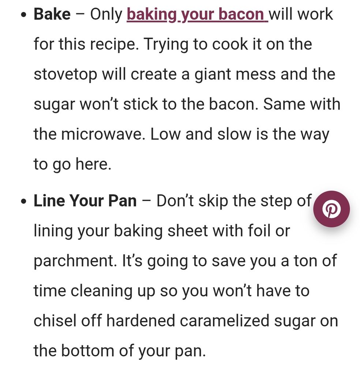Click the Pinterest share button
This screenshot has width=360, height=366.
(331, 209)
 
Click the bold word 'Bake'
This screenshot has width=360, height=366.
(52, 14)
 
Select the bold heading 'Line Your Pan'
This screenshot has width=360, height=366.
(85, 201)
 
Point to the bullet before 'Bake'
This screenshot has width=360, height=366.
(23, 15)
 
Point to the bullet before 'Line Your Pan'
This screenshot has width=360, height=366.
(23, 201)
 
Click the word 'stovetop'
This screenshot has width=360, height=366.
(65, 74)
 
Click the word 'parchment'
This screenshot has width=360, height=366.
(75, 261)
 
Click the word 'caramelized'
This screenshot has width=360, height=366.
(224, 321)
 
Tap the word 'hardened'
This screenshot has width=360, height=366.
(140, 321)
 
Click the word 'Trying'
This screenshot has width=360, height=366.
(166, 44)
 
